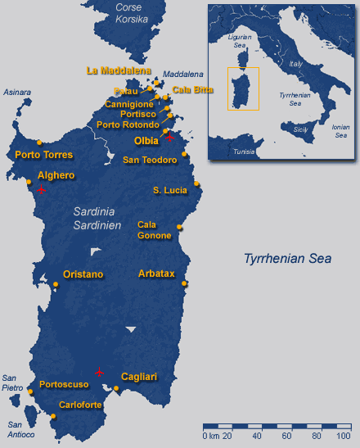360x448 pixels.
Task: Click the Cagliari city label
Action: tap(138, 377)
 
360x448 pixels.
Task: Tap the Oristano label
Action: tap(83, 274)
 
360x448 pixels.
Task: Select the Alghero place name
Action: tap(56, 175)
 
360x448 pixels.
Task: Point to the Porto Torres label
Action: tap(44, 154)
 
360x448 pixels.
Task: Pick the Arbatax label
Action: tap(156, 274)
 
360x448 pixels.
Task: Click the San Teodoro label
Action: tap(150, 161)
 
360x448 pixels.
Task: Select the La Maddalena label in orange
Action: tap(118, 70)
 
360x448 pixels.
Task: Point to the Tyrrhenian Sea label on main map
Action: tap(287, 259)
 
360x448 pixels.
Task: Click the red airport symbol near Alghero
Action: tap(41, 189)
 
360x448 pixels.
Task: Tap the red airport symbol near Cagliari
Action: tap(100, 373)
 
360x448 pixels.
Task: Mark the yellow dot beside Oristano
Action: tap(56, 284)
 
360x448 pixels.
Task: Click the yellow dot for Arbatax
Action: tap(185, 284)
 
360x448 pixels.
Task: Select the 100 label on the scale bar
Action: tap(343, 436)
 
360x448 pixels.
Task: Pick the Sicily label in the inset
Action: tap(300, 130)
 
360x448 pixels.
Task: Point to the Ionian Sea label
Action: tap(340, 131)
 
